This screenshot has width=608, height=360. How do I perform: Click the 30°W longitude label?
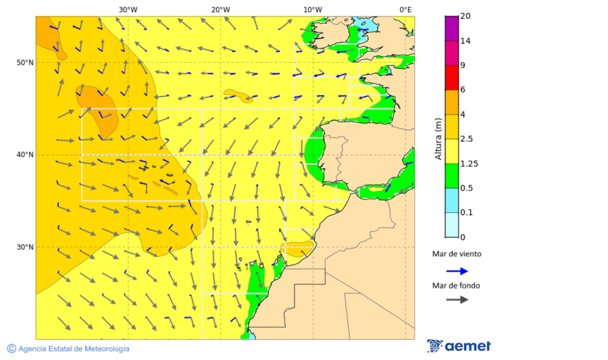(128, 9)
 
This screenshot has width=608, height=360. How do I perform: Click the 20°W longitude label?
(220, 9)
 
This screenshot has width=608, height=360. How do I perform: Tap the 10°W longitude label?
(312, 9)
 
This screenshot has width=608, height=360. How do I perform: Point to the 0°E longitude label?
(405, 9)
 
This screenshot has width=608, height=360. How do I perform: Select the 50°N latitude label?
(25, 63)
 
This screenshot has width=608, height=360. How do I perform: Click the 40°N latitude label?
(25, 155)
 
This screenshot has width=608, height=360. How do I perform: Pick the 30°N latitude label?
(25, 247)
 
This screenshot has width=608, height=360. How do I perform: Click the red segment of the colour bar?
(452, 77)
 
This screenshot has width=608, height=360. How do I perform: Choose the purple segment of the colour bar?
(452, 28)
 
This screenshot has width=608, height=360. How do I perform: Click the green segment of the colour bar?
(452, 176)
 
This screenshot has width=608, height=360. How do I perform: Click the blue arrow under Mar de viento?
(457, 271)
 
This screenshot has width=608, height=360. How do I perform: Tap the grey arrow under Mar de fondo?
(457, 299)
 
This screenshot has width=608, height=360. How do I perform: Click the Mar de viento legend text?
(457, 254)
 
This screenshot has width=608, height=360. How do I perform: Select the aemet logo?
(459, 346)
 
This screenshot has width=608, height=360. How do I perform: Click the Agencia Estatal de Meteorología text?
(74, 349)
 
